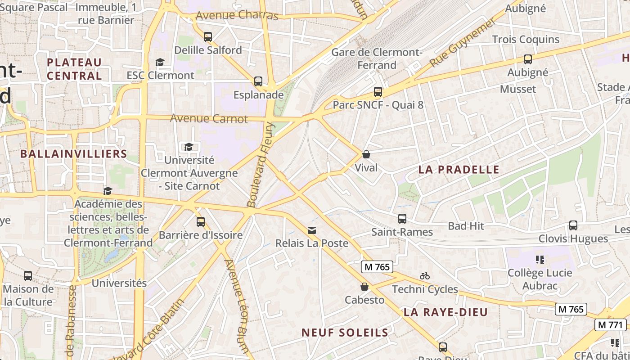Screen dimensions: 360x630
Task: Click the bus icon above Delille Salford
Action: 207,37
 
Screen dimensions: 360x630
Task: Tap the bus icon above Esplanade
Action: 258,81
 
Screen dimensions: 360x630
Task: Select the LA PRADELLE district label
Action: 459,170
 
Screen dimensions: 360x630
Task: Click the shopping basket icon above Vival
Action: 366,154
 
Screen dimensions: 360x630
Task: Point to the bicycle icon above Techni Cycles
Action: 424,276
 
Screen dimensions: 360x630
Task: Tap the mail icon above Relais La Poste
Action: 311,230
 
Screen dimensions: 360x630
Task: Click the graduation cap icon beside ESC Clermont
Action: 160,62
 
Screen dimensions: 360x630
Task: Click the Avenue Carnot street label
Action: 209,119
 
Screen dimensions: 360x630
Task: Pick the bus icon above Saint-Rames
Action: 402,219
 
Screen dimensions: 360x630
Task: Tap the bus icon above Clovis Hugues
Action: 573,225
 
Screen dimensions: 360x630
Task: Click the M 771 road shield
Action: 610,324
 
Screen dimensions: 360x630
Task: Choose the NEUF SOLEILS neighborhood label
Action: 345,333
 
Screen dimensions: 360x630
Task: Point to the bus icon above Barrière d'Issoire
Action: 200,222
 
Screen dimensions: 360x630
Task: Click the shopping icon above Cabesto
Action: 364,287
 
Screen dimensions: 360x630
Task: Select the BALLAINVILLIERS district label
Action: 73,154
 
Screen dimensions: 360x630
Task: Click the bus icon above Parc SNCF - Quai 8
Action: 378,92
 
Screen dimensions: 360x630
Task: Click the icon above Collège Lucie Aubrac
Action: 540,259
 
